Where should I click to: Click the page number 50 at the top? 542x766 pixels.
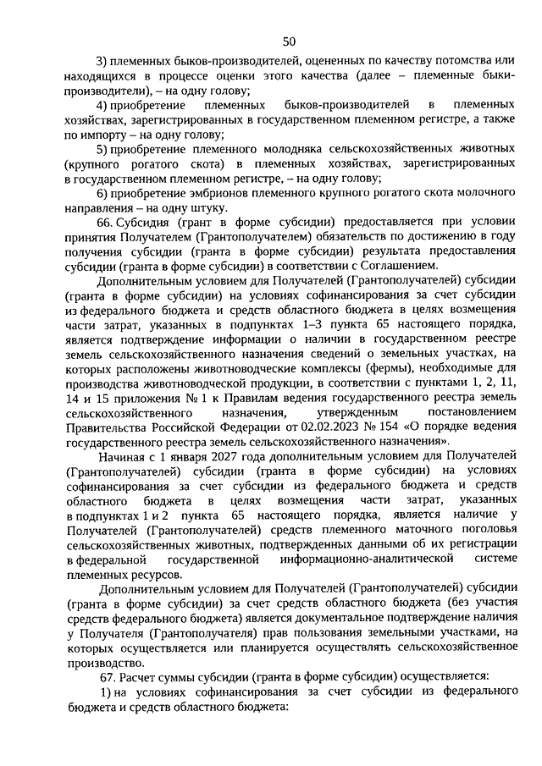(289, 41)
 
